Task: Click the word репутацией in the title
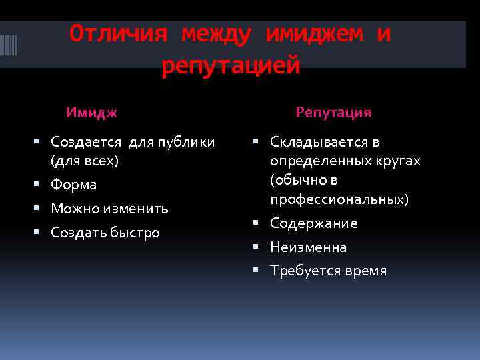pos(231,65)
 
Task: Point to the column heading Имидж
pos(91,113)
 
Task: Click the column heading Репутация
pos(333,113)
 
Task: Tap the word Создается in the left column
pos(86,142)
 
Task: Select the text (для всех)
pos(85,161)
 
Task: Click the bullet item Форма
pos(73,185)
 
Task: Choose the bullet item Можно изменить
pos(109,209)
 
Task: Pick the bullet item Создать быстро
pos(105,233)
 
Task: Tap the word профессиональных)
pos(339,199)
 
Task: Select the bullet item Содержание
pos(313,223)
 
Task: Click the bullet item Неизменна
pos(308,247)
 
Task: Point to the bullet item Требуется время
pos(328,271)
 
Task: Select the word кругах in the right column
pos(399,161)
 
